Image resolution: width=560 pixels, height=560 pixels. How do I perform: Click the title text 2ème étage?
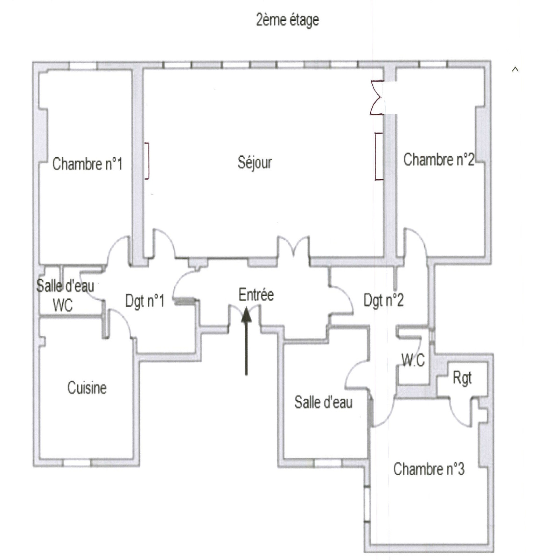[x=287, y=20]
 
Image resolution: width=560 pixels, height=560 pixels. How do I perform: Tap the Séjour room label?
[x=255, y=162]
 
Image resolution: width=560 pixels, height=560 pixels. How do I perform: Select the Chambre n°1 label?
[x=87, y=164]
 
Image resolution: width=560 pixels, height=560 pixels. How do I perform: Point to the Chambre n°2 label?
[x=439, y=160]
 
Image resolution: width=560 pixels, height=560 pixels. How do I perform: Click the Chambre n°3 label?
[x=429, y=469]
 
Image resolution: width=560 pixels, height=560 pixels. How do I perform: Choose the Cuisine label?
[x=87, y=388]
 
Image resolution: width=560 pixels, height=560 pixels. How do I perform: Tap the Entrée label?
[x=256, y=295]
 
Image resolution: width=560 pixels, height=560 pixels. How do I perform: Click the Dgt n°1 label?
[x=145, y=301]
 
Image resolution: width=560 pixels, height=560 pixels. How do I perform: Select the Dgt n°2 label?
[x=384, y=300]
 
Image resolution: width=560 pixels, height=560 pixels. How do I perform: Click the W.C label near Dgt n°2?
[x=413, y=360]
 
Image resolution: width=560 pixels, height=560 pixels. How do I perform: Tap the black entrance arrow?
[x=246, y=341]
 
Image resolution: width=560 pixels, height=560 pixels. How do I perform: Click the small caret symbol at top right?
[x=515, y=69]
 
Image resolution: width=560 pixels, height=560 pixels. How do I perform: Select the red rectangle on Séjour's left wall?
[x=147, y=161]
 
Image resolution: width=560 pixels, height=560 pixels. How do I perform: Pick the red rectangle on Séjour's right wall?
[x=379, y=156]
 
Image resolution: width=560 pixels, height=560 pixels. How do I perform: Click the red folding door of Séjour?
[x=377, y=98]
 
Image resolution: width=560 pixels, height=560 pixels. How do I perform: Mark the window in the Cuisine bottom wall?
[x=77, y=463]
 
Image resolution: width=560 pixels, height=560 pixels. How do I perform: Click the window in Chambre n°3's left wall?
[x=367, y=504]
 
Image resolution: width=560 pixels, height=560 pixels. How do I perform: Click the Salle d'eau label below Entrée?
[x=323, y=402]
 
